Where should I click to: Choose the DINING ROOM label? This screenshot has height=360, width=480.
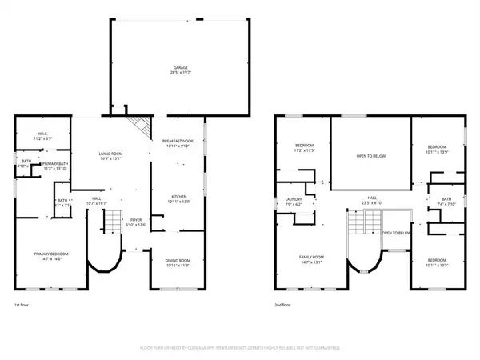[x=178, y=260]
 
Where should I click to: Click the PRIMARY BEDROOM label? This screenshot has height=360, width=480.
[x=50, y=257]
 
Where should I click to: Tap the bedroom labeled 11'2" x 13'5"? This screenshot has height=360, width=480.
[x=306, y=147]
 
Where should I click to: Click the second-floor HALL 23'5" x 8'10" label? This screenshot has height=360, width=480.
[x=372, y=199]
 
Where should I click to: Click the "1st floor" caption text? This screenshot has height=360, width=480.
[x=22, y=305]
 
